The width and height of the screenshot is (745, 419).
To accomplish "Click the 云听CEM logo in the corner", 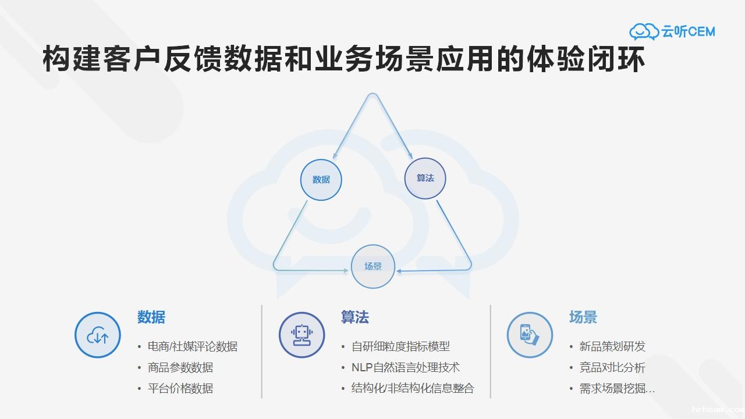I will [672, 31].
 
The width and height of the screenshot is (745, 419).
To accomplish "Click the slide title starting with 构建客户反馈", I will [344, 61].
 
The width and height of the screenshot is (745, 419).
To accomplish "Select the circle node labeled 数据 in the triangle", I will [321, 179].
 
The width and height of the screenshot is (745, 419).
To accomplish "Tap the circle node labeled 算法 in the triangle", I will [425, 178].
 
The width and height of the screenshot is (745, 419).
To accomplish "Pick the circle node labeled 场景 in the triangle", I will [373, 267].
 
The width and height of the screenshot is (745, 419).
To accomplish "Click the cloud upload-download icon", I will [98, 335].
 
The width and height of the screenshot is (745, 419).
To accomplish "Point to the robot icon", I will [301, 335].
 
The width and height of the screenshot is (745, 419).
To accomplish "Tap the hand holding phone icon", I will [530, 335].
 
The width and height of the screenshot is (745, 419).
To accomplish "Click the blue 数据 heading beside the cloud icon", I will [151, 317].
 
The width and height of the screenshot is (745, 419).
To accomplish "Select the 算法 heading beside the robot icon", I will [355, 317].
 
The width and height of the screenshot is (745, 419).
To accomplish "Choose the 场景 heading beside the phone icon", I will [583, 317].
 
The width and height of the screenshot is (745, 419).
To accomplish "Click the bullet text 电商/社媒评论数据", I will [192, 347].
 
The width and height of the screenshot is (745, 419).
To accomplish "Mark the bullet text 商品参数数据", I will [180, 368].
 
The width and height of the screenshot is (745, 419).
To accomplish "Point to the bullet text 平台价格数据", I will [180, 388].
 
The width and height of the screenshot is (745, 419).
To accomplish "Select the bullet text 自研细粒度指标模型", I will [400, 347].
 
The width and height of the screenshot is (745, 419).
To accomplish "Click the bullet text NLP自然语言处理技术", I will [405, 368].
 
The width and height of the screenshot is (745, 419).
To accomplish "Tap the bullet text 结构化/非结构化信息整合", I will [413, 388].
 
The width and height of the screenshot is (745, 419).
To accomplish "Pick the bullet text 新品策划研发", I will [612, 347].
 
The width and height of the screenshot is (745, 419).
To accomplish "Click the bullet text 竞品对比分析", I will [612, 368].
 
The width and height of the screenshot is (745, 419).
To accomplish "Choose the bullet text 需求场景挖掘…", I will [617, 388].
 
